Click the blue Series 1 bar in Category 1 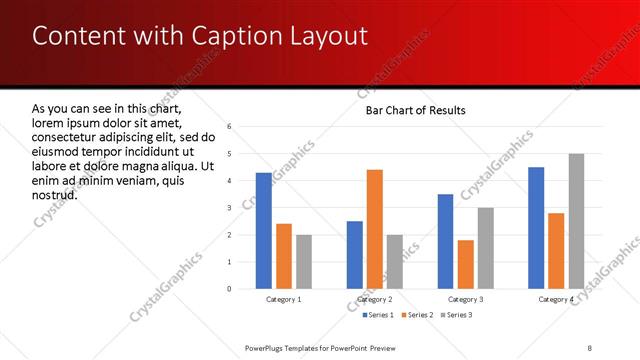(x=264, y=231)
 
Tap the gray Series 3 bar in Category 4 (x=576, y=221)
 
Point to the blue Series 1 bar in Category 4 (x=536, y=228)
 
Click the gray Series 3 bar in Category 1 (x=304, y=262)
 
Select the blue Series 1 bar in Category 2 (x=355, y=255)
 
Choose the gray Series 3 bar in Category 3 (x=486, y=248)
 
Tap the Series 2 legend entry (x=418, y=316)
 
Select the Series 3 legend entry (x=460, y=316)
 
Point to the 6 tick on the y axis (x=230, y=127)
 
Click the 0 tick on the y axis (x=230, y=289)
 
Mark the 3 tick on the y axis (x=230, y=208)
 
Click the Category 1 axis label (x=284, y=299)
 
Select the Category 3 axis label (x=466, y=299)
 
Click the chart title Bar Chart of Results (x=416, y=110)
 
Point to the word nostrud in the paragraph (x=55, y=193)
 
